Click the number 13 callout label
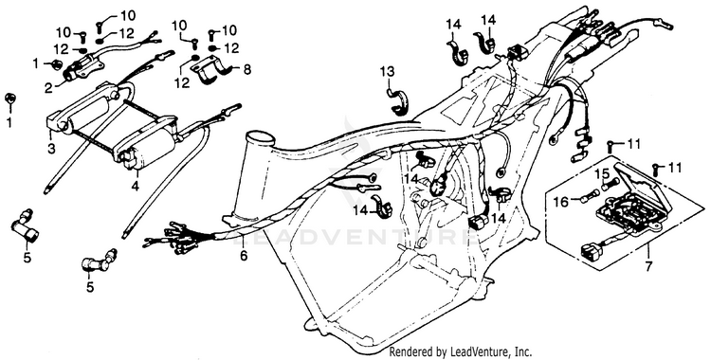pyautogui.click(x=388, y=72)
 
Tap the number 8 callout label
pyautogui.click(x=247, y=70)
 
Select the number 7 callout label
pyautogui.click(x=648, y=266)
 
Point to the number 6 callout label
pyautogui.click(x=244, y=256)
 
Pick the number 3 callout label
pyautogui.click(x=51, y=148)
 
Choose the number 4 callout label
pyautogui.click(x=135, y=186)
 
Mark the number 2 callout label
pyautogui.click(x=48, y=87)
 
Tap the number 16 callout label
pyautogui.click(x=562, y=201)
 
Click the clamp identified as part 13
pyautogui.click(x=398, y=103)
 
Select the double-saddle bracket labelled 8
pyautogui.click(x=211, y=72)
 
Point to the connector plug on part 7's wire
pyautogui.click(x=590, y=251)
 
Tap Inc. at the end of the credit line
pyautogui.click(x=523, y=351)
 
